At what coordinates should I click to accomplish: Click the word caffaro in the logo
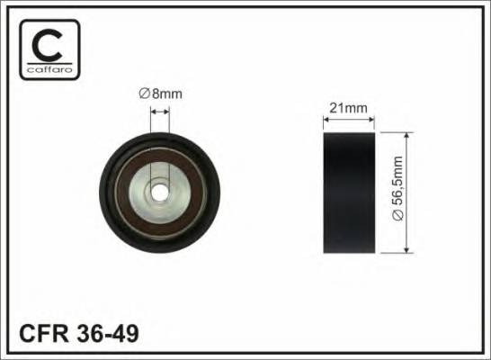(x=49, y=69)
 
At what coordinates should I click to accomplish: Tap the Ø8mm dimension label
(x=161, y=94)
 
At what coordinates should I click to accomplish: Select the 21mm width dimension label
(x=348, y=108)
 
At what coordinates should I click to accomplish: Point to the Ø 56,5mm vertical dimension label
(x=398, y=188)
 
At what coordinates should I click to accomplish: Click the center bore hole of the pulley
(x=160, y=193)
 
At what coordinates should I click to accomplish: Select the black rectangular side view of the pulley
(x=349, y=193)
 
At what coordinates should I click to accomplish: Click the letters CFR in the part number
(x=43, y=334)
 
